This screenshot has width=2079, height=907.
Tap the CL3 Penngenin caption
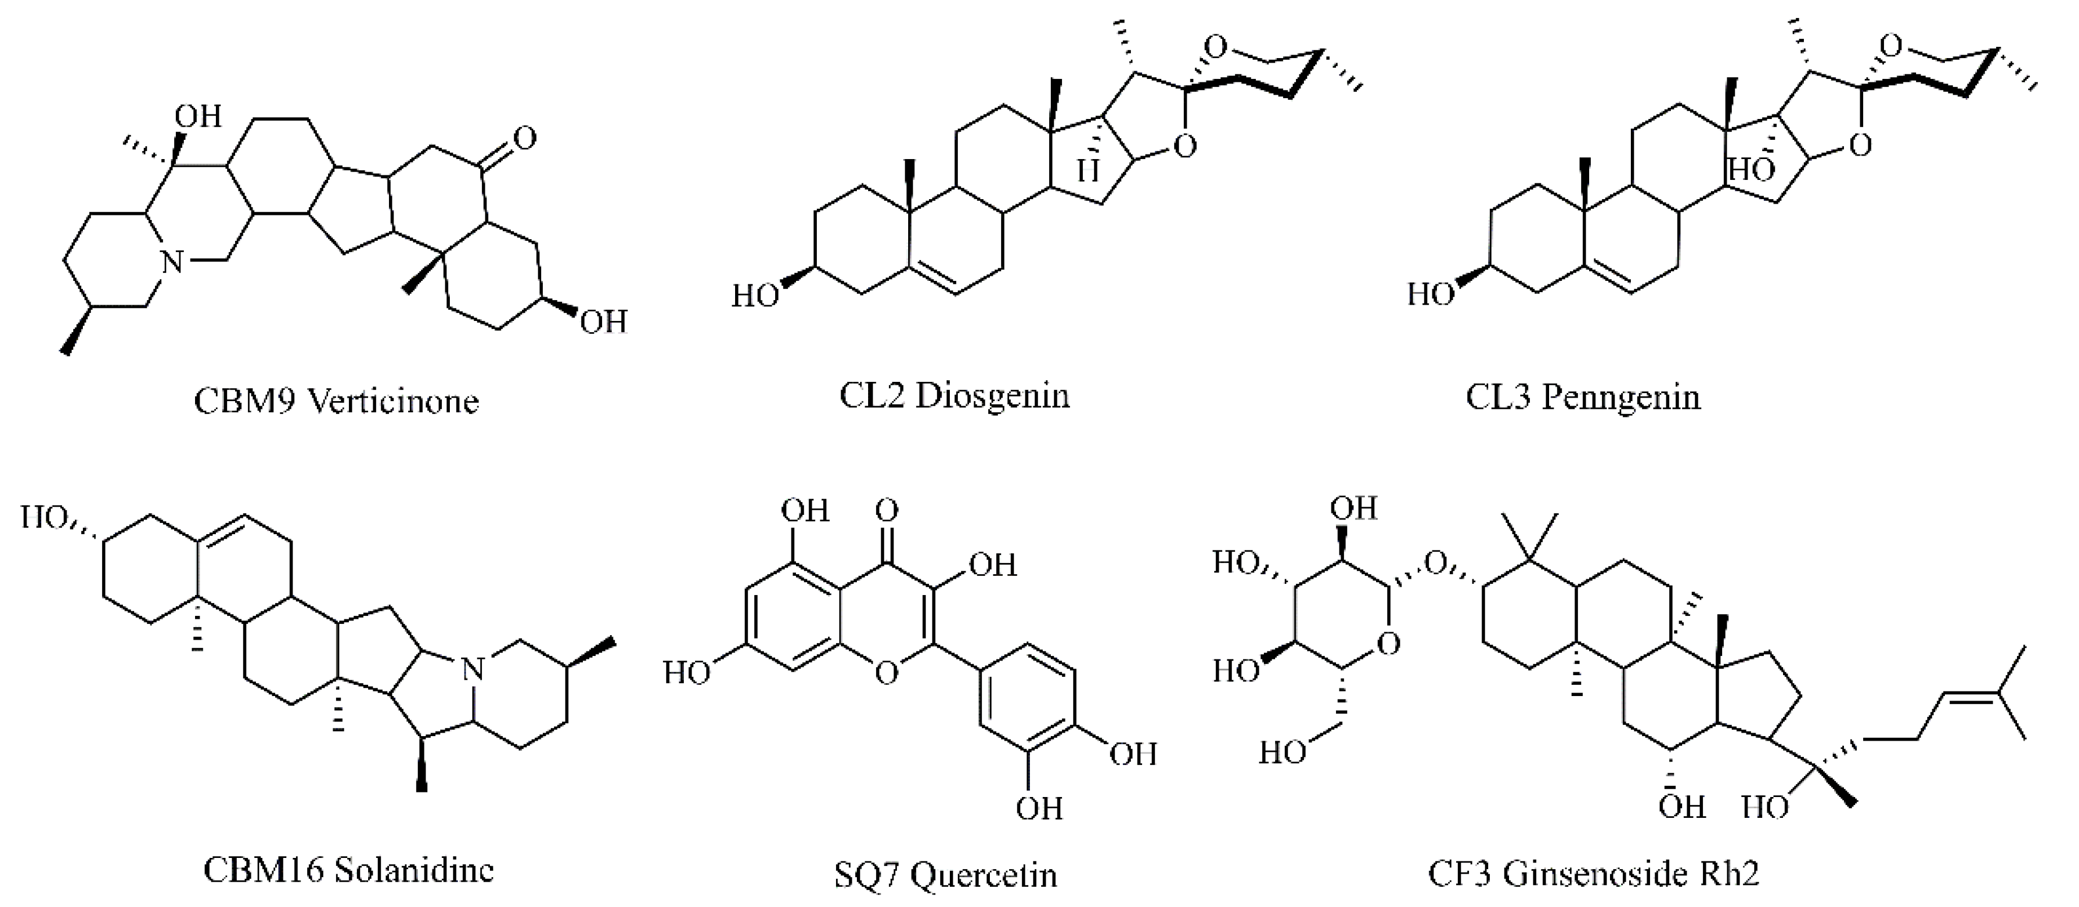pos(1583,397)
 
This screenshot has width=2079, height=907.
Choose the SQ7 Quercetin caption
pos(945,875)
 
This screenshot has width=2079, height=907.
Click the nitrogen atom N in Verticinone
pos(171,261)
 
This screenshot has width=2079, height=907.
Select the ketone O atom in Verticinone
pos(524,138)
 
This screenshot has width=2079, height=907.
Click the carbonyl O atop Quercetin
pos(886,510)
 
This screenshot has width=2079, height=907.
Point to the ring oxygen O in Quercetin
pos(886,673)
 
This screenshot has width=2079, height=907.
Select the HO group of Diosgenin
pos(755,296)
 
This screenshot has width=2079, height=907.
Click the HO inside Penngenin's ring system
pos(1751,170)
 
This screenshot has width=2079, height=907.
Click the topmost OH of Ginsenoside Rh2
pos(1353,509)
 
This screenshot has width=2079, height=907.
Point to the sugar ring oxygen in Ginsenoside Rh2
pos(1388,644)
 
